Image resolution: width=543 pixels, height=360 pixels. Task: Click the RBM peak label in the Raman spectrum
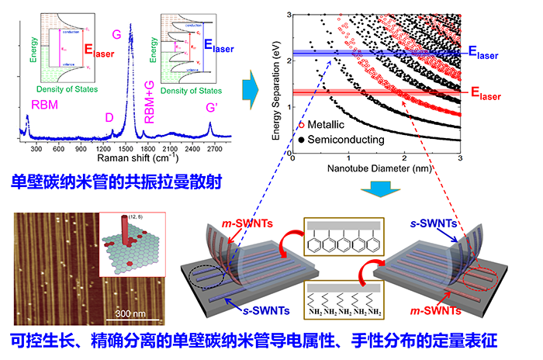(44, 103)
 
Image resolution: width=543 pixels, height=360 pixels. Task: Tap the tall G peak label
(116, 34)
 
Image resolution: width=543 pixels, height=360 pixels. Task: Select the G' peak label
(212, 106)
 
